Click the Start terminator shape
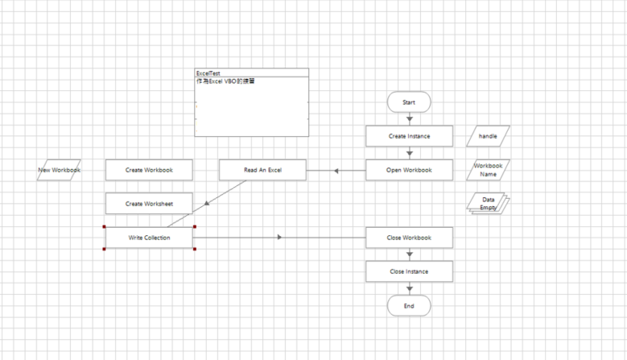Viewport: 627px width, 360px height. [x=409, y=102]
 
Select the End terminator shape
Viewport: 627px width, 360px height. [x=409, y=306]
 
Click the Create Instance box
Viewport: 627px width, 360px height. [x=409, y=136]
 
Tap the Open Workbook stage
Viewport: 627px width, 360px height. [x=409, y=170]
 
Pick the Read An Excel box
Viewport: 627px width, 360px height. [x=262, y=170]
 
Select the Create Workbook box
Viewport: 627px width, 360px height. [x=149, y=170]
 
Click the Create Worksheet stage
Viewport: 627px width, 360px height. [x=149, y=204]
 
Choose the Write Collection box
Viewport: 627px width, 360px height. [x=149, y=238]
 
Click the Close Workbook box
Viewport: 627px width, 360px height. [x=409, y=238]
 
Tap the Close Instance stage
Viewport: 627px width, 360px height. [x=409, y=271]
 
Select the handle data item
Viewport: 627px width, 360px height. [x=488, y=136]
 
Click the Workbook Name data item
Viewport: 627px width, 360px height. [x=488, y=170]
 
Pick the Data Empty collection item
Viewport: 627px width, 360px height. [x=488, y=203]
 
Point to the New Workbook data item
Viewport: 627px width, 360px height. [x=60, y=170]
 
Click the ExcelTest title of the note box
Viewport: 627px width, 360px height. [x=208, y=72]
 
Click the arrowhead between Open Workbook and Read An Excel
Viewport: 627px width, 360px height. [x=338, y=170]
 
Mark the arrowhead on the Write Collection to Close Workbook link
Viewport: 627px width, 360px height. [x=279, y=238]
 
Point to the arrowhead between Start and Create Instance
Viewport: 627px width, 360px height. [x=409, y=119]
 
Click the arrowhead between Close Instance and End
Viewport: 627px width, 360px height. [x=409, y=288]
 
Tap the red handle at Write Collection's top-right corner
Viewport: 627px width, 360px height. [x=194, y=226]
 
